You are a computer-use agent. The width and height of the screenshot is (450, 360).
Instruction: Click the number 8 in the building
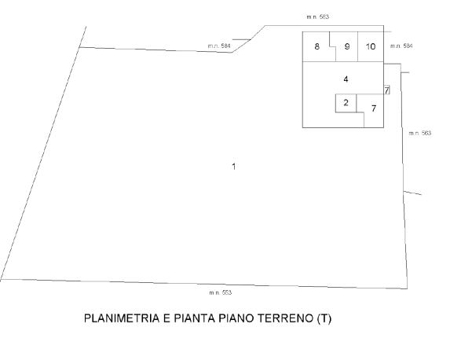pyautogui.click(x=316, y=46)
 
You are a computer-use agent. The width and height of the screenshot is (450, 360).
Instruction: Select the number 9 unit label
pyautogui.click(x=347, y=46)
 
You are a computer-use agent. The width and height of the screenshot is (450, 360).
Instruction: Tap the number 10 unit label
pyautogui.click(x=371, y=46)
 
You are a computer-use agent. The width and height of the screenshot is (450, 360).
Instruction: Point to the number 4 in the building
pyautogui.click(x=346, y=79)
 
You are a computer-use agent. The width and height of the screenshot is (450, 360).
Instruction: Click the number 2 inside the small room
pyautogui.click(x=346, y=102)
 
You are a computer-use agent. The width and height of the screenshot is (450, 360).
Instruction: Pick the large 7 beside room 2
pyautogui.click(x=374, y=108)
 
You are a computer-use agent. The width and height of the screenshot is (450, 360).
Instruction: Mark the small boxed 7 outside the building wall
pyautogui.click(x=387, y=90)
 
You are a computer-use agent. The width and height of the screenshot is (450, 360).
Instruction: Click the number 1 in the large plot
pyautogui.click(x=234, y=167)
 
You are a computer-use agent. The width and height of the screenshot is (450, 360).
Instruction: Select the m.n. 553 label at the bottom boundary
pyautogui.click(x=221, y=292)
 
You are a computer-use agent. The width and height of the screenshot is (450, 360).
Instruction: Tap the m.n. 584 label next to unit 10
pyautogui.click(x=401, y=46)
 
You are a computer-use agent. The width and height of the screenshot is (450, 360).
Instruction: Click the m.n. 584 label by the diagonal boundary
pyautogui.click(x=219, y=46)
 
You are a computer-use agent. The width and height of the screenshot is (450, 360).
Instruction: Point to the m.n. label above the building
pyautogui.click(x=318, y=17)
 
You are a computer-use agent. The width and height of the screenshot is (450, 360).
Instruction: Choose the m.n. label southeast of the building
pyautogui.click(x=420, y=134)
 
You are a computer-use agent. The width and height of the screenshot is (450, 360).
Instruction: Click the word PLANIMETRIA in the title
pyautogui.click(x=122, y=318)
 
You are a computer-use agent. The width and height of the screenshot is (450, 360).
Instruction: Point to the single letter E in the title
pyautogui.click(x=166, y=318)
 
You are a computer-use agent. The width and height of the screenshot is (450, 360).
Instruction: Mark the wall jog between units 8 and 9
pyautogui.click(x=333, y=46)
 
